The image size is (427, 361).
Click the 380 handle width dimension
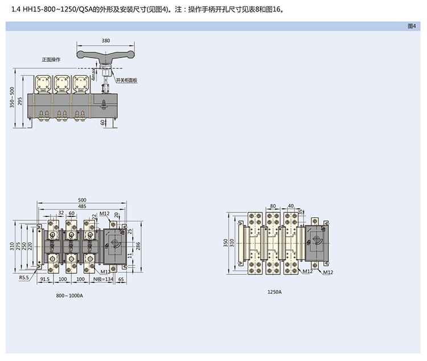106,41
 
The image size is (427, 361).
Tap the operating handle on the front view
106,55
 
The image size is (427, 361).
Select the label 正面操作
51,59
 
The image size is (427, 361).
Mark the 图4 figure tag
412,26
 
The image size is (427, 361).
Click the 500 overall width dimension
83,200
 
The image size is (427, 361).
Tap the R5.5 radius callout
24,277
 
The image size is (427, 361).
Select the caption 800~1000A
69,296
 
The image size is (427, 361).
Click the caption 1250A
274,292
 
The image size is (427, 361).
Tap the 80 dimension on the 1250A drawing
273,206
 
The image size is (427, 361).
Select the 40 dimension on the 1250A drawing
291,206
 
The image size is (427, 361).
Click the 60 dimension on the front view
103,122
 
